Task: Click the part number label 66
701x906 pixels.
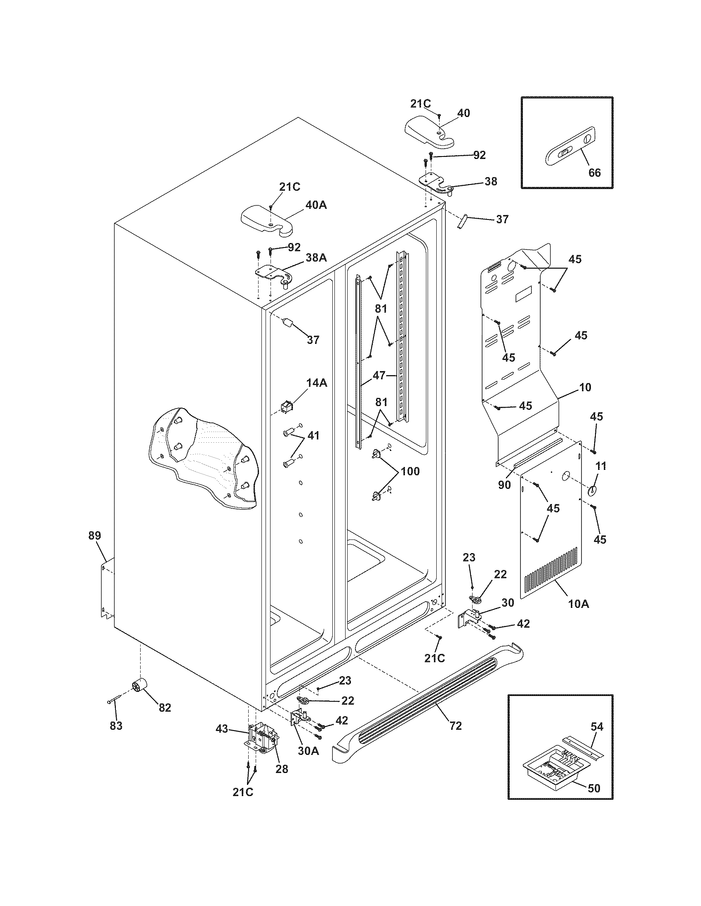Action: tap(594, 173)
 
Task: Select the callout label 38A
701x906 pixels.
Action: tap(316, 258)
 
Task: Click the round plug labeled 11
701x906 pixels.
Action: tap(591, 490)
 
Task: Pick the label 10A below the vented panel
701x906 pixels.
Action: tap(579, 604)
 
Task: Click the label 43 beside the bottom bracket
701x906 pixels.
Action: tap(222, 729)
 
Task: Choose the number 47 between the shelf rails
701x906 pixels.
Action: tap(379, 376)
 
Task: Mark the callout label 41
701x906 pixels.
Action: tap(313, 436)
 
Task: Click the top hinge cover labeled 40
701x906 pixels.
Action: tap(429, 132)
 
